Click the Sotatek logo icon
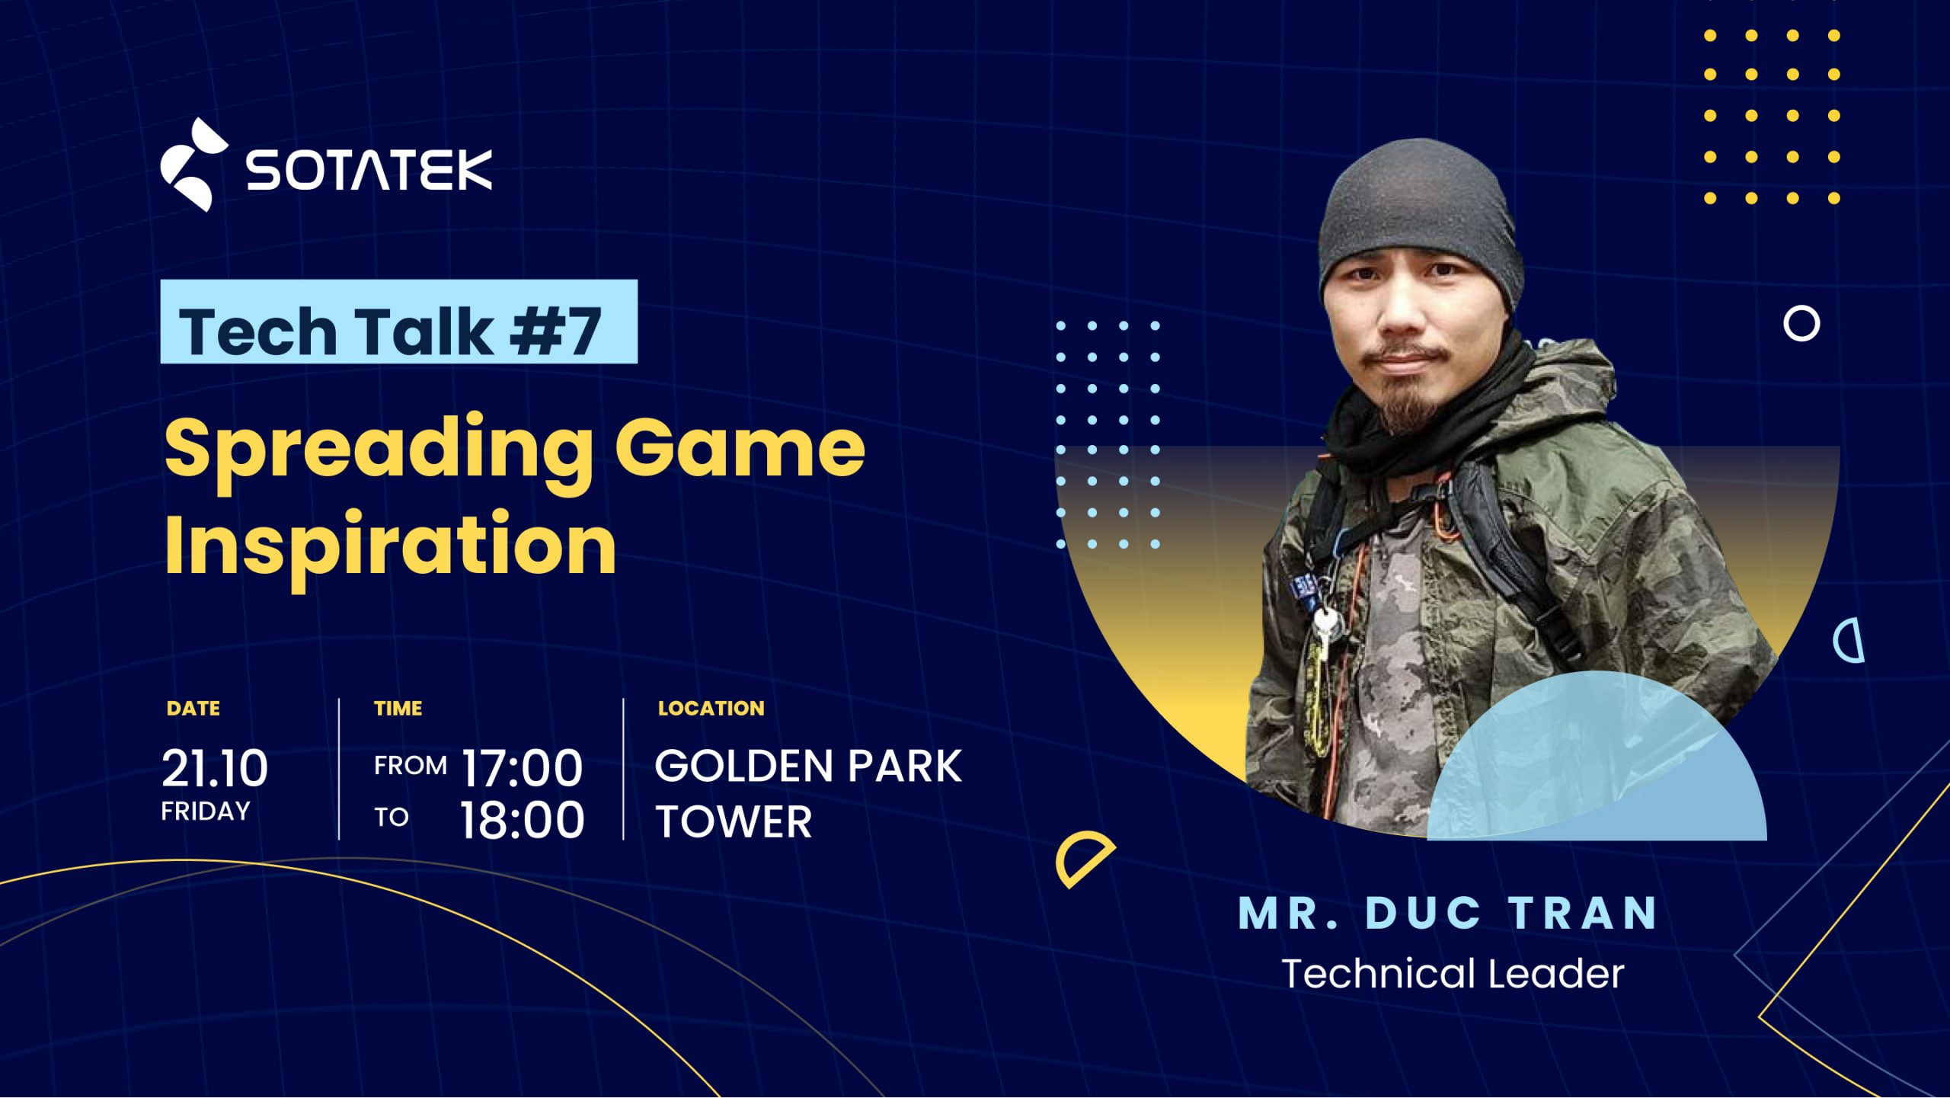click(193, 165)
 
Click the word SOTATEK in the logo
click(369, 169)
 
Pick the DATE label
click(193, 709)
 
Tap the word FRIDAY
click(206, 811)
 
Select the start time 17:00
click(523, 767)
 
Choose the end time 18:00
click(523, 821)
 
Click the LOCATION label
click(711, 709)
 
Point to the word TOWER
click(734, 822)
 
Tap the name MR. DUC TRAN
click(1447, 913)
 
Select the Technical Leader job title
click(1453, 974)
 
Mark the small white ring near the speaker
click(1801, 324)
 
